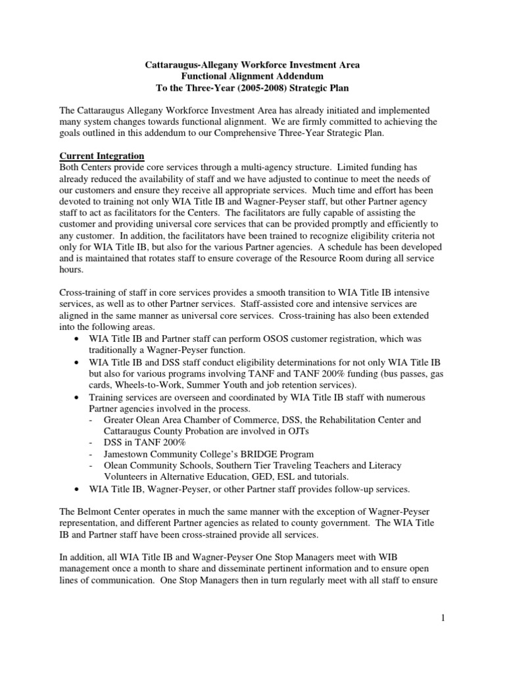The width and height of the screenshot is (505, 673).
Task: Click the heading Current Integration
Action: coord(102,155)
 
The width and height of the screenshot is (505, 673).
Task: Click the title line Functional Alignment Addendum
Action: coord(252,77)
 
